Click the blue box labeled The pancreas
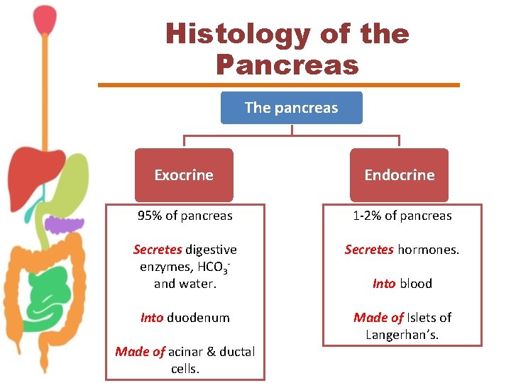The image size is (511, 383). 291,108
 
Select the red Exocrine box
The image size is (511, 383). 184,174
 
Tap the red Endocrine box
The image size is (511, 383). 399,174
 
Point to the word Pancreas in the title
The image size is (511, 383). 287,65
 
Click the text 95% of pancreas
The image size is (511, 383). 185,216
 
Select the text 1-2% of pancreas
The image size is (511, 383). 402,216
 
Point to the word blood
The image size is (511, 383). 416,284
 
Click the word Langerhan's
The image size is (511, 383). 402,335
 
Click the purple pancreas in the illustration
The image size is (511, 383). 64,226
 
